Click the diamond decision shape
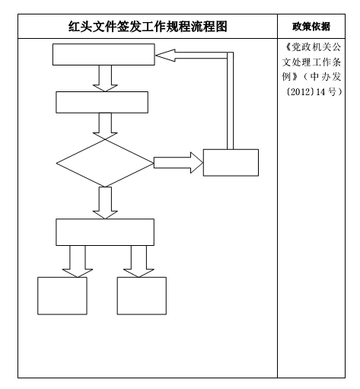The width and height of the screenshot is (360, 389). click(x=105, y=163)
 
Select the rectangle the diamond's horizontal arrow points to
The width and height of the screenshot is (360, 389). click(x=231, y=163)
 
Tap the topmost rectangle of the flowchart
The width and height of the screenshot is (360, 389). click(x=104, y=54)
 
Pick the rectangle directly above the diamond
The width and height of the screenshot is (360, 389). click(x=102, y=102)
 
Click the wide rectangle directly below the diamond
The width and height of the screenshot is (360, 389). click(x=105, y=232)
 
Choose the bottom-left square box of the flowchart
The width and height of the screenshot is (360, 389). click(x=62, y=296)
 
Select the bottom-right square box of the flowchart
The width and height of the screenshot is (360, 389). click(x=142, y=296)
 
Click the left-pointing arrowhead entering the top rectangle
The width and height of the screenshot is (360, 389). click(x=165, y=56)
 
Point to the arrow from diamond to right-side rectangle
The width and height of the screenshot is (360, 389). click(x=179, y=163)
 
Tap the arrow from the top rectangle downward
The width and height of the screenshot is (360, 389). click(x=105, y=78)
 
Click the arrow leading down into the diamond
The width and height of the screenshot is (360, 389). click(x=105, y=126)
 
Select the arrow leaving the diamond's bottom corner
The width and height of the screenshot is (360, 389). click(x=105, y=202)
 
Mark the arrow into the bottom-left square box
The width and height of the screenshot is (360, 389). click(x=78, y=261)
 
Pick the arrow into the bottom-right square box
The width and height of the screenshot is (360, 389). click(x=139, y=261)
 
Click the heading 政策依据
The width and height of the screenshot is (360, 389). click(x=311, y=27)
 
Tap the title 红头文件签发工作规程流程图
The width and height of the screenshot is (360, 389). click(x=148, y=27)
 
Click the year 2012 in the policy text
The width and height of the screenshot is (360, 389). click(x=301, y=91)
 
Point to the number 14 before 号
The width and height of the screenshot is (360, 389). click(x=320, y=91)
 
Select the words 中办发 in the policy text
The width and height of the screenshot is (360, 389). click(x=326, y=77)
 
